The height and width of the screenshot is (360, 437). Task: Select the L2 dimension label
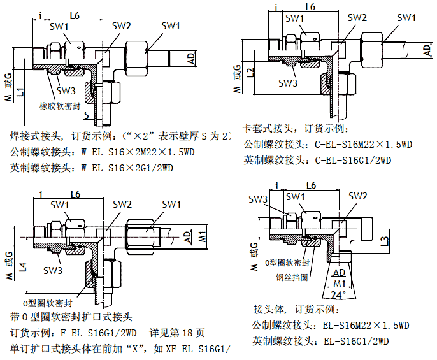(x=250, y=72)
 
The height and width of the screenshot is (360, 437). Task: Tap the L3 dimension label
(x=384, y=240)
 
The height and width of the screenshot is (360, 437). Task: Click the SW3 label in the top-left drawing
(x=66, y=90)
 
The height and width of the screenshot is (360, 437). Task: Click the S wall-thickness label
(x=87, y=115)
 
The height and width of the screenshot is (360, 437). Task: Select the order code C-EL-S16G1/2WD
(x=352, y=160)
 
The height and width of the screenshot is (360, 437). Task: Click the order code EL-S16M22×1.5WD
(x=366, y=326)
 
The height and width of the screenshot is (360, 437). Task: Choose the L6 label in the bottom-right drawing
(x=312, y=185)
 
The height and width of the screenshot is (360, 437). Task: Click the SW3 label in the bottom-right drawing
(x=257, y=199)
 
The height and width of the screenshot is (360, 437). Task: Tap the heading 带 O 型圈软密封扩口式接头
(x=71, y=317)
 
